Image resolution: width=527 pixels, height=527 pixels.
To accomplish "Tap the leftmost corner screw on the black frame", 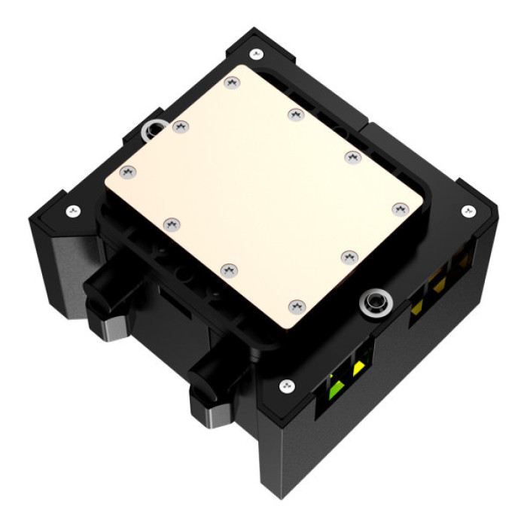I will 72,211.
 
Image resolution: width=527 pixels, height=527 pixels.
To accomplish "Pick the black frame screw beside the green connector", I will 286,386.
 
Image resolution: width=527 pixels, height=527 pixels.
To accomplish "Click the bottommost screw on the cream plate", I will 294,306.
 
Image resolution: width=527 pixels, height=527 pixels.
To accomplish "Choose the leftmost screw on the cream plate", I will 126,172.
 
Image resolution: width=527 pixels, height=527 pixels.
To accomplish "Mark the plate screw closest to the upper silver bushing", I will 179,127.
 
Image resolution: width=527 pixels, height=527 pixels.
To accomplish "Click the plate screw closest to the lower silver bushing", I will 348,257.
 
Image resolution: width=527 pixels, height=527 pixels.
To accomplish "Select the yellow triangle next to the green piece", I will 358,367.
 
